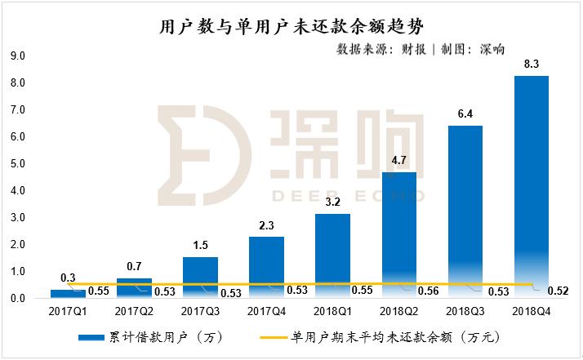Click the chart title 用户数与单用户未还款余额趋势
pos(291,26)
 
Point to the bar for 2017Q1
pos(68,294)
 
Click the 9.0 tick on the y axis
pos(17,56)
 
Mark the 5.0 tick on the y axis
pos(17,164)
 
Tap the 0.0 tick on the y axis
pos(17,299)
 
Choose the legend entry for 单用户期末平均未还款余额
pos(392,336)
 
